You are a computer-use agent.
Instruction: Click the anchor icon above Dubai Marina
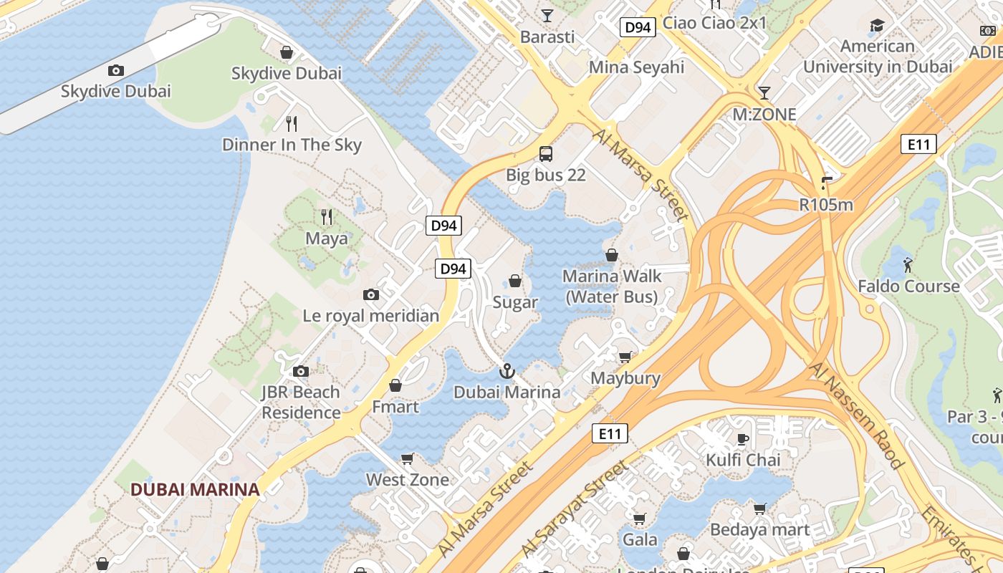click(507, 371)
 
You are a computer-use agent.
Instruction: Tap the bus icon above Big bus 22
click(546, 153)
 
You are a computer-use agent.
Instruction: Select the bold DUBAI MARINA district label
click(195, 490)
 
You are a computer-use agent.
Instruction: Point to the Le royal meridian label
click(371, 316)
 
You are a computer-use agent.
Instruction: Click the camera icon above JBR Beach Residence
click(301, 371)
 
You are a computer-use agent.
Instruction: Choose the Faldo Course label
click(908, 286)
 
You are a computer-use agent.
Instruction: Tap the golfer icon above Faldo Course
click(908, 265)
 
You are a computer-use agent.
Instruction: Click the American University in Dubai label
click(878, 57)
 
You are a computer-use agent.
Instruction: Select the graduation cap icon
click(877, 27)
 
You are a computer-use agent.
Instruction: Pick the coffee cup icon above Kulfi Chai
click(743, 439)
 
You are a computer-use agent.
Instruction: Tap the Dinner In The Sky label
click(292, 145)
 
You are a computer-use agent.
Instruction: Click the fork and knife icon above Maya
click(327, 216)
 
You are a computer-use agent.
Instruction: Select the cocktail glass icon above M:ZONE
click(764, 92)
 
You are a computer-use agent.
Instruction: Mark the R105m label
click(826, 205)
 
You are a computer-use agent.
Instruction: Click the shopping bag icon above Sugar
click(515, 280)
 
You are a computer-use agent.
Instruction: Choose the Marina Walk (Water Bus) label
click(612, 286)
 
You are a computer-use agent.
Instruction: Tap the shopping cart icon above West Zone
click(408, 458)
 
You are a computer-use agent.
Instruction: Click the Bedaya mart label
click(759, 530)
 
